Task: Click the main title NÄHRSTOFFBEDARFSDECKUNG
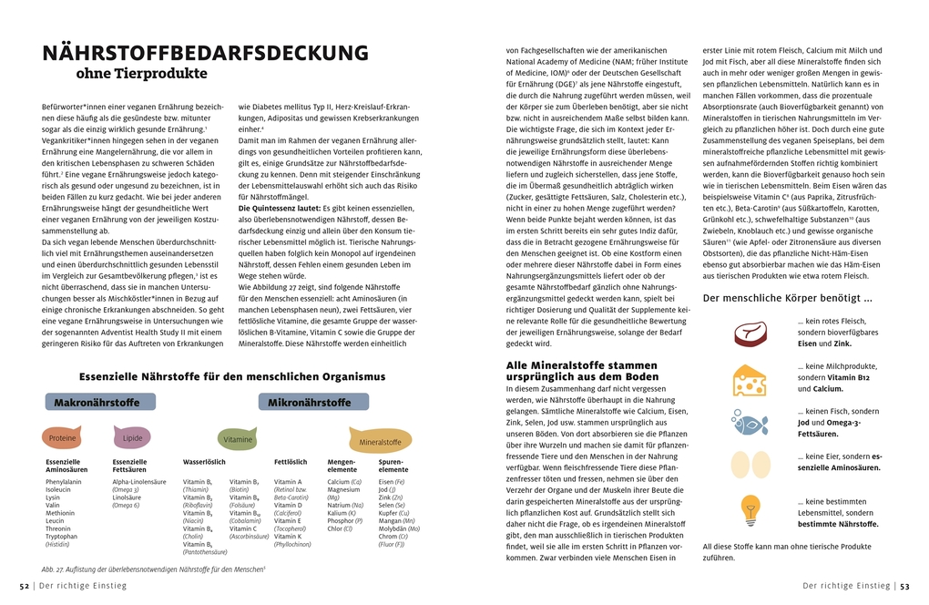(x=205, y=53)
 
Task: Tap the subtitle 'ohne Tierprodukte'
(x=141, y=74)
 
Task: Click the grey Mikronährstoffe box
(x=309, y=402)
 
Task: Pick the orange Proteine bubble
(x=63, y=438)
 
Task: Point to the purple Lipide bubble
(x=133, y=437)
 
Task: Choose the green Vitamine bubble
(x=239, y=439)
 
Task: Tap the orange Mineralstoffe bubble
(x=380, y=442)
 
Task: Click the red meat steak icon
(x=750, y=333)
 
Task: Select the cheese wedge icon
(x=750, y=380)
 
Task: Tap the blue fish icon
(x=750, y=421)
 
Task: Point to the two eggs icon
(x=750, y=464)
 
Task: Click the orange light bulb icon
(x=750, y=508)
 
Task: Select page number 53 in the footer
(x=905, y=586)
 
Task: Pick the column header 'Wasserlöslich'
(x=204, y=462)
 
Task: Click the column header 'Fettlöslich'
(x=291, y=462)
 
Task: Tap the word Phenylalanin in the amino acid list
(x=63, y=481)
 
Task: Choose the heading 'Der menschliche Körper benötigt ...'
(x=788, y=298)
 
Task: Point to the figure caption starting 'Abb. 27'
(x=153, y=569)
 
